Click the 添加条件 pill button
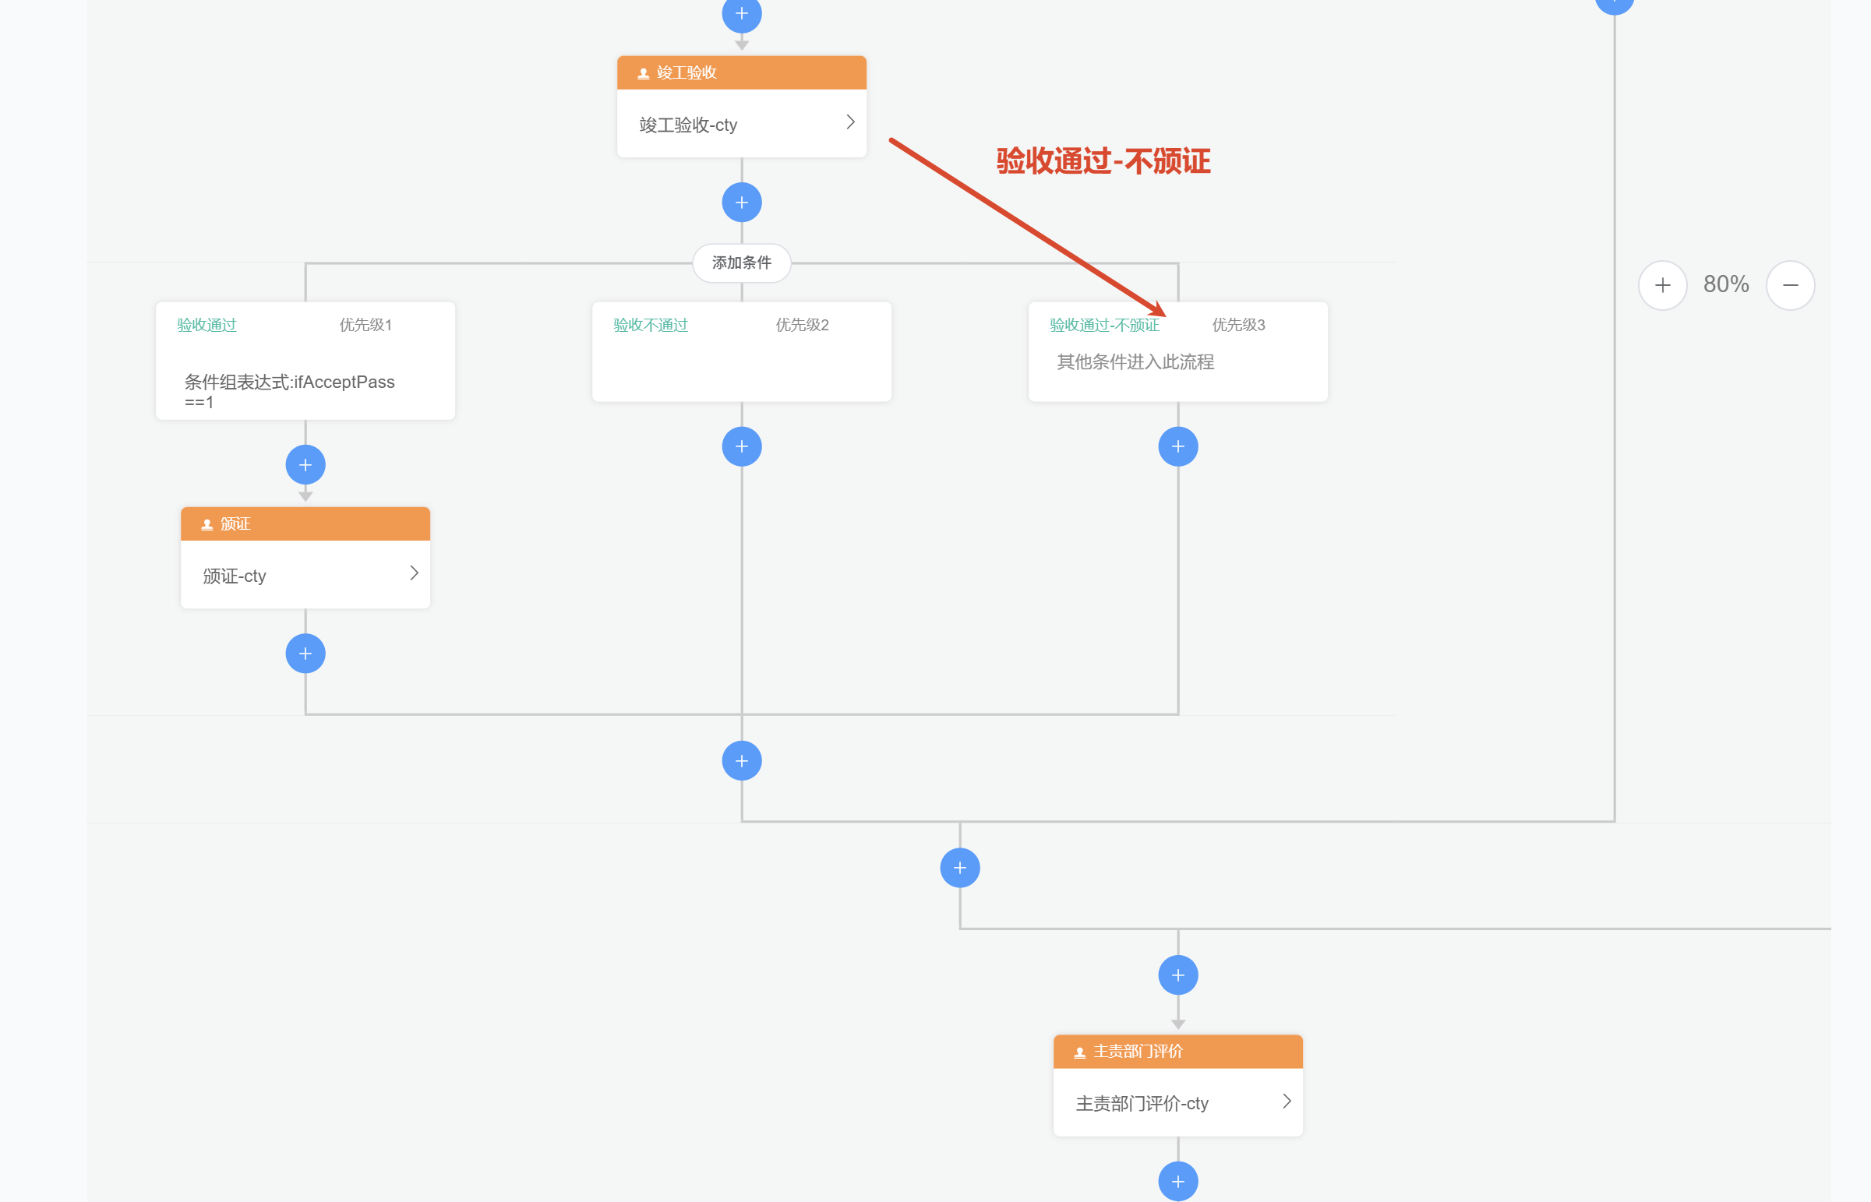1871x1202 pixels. click(742, 263)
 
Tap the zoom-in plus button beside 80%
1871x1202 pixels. click(1663, 285)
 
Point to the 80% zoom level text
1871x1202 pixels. click(1726, 284)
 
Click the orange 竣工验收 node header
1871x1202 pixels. click(742, 72)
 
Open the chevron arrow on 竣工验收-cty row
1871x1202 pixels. click(850, 122)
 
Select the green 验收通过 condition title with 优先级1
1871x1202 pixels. click(207, 325)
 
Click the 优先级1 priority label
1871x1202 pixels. click(365, 325)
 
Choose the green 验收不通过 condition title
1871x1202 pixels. click(651, 325)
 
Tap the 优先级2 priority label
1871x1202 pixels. click(803, 325)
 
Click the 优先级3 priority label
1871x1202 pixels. click(1239, 325)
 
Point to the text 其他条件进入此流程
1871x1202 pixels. click(1135, 362)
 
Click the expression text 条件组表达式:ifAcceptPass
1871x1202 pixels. click(290, 382)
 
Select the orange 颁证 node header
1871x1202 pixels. click(305, 523)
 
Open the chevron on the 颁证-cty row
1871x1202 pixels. click(414, 573)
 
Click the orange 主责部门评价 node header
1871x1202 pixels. click(1178, 1052)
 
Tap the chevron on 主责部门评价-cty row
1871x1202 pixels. click(1287, 1102)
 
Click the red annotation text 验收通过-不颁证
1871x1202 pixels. click(1103, 161)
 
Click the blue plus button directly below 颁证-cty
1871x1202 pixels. click(305, 654)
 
